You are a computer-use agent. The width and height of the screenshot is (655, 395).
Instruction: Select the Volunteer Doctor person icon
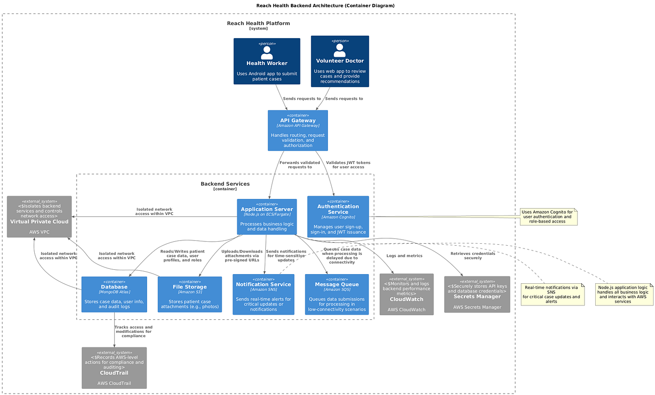click(340, 50)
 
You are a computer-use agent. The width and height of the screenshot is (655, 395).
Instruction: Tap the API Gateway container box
click(298, 130)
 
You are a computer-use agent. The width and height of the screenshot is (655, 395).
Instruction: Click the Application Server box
click(267, 217)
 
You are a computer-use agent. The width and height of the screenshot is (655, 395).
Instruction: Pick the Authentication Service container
click(338, 217)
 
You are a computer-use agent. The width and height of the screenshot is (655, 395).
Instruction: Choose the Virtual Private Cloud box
click(39, 216)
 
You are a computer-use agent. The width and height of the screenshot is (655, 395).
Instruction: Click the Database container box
click(114, 294)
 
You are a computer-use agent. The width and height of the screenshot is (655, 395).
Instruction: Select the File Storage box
click(190, 294)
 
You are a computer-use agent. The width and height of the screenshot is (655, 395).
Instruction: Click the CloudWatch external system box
click(407, 294)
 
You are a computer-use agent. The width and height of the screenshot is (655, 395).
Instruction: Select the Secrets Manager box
click(477, 294)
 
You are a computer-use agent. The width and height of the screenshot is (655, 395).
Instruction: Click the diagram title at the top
click(327, 6)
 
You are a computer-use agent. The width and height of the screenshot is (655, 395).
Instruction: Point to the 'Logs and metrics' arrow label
click(404, 256)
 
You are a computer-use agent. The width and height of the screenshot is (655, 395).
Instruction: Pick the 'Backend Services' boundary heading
click(225, 184)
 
